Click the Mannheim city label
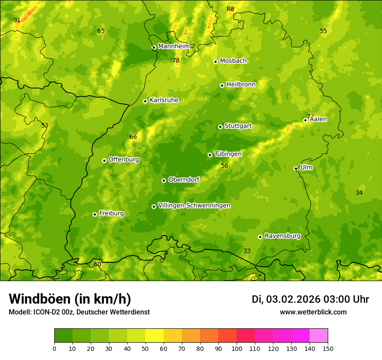[174, 46]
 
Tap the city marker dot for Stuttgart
[220, 127]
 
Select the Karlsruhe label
[164, 100]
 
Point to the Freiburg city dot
[95, 214]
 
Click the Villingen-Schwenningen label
[194, 206]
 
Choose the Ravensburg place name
[282, 236]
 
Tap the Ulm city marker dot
[296, 168]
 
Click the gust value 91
[17, 20]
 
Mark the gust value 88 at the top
[231, 9]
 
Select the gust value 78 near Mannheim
[176, 61]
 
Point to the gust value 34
[359, 193]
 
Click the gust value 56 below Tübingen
[224, 166]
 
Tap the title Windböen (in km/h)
[70, 299]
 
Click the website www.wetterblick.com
[313, 312]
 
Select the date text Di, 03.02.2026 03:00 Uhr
[310, 299]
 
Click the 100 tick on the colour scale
[237, 348]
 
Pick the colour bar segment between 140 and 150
[319, 336]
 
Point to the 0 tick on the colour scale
[54, 348]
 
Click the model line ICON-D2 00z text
[79, 312]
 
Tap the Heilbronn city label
[241, 85]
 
